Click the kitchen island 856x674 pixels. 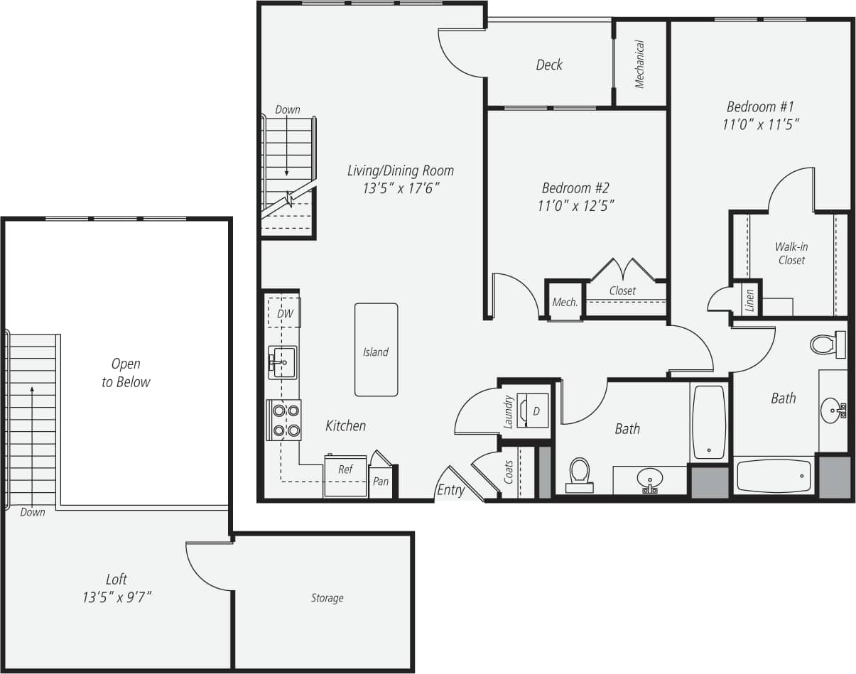pos(376,350)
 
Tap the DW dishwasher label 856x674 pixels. pos(285,313)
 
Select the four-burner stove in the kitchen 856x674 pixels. pos(284,420)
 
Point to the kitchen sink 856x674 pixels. pos(283,363)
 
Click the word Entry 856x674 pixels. pos(451,490)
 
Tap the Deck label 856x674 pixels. pos(549,65)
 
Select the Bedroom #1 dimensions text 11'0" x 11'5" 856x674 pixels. pos(760,124)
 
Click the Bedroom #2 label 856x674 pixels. pos(575,188)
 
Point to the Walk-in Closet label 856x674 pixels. pos(791,254)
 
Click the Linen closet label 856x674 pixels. pos(749,300)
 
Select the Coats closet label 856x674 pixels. pos(509,472)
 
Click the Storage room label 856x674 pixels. pos(327,598)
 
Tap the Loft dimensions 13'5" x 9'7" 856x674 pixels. pos(117,597)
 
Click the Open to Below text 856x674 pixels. pos(126,373)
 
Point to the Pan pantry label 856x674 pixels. pos(381,481)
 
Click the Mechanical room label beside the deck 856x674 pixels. pos(640,64)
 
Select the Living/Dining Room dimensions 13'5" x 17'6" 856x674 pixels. pos(400,189)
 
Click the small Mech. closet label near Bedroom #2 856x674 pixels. pos(565,303)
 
